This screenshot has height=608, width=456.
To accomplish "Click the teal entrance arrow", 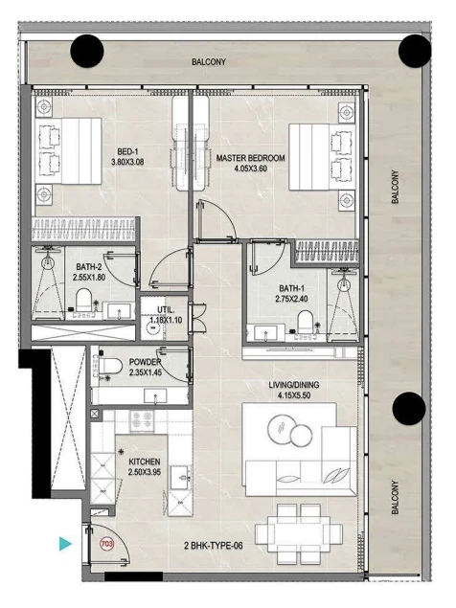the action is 65,543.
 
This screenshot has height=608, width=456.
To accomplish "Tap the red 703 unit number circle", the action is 106,544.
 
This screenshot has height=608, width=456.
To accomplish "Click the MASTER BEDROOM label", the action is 250,158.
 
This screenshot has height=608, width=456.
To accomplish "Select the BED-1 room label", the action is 127,152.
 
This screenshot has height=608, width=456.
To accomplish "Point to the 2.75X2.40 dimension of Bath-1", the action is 291,299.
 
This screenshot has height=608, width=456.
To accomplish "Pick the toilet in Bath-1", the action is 305,322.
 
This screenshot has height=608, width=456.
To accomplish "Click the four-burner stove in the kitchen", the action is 142,420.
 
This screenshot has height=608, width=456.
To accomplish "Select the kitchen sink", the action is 180,478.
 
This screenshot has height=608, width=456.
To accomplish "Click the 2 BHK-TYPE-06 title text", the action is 214,546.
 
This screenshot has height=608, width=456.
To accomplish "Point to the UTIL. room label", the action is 166,310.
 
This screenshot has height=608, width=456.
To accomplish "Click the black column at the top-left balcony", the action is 87,51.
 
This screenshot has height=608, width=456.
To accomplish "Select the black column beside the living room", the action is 409,408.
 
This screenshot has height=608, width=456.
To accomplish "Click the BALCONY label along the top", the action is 209,61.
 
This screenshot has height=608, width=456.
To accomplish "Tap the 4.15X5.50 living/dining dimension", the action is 294,395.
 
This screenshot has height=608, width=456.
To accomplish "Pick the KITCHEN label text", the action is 145,462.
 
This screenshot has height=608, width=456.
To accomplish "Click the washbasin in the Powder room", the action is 155,396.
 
